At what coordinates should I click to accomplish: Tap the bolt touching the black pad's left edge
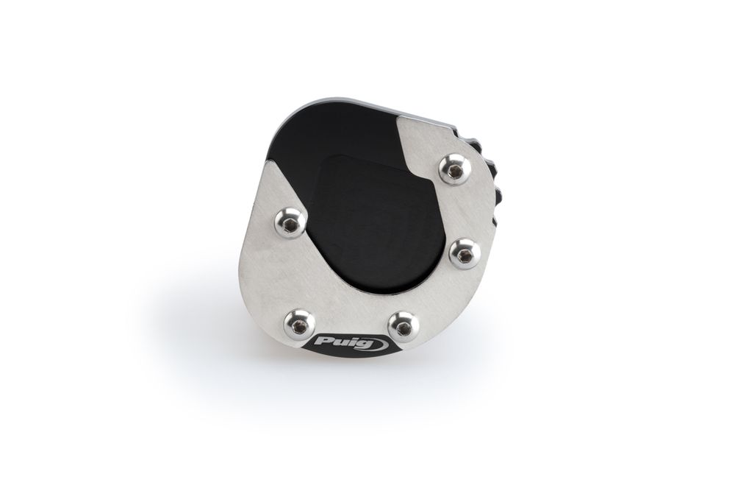pyautogui.click(x=290, y=222)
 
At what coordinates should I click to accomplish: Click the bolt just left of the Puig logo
pyautogui.click(x=299, y=323)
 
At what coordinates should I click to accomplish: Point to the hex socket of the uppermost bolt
pyautogui.click(x=454, y=173)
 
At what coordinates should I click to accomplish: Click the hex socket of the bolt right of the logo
pyautogui.click(x=402, y=330)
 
